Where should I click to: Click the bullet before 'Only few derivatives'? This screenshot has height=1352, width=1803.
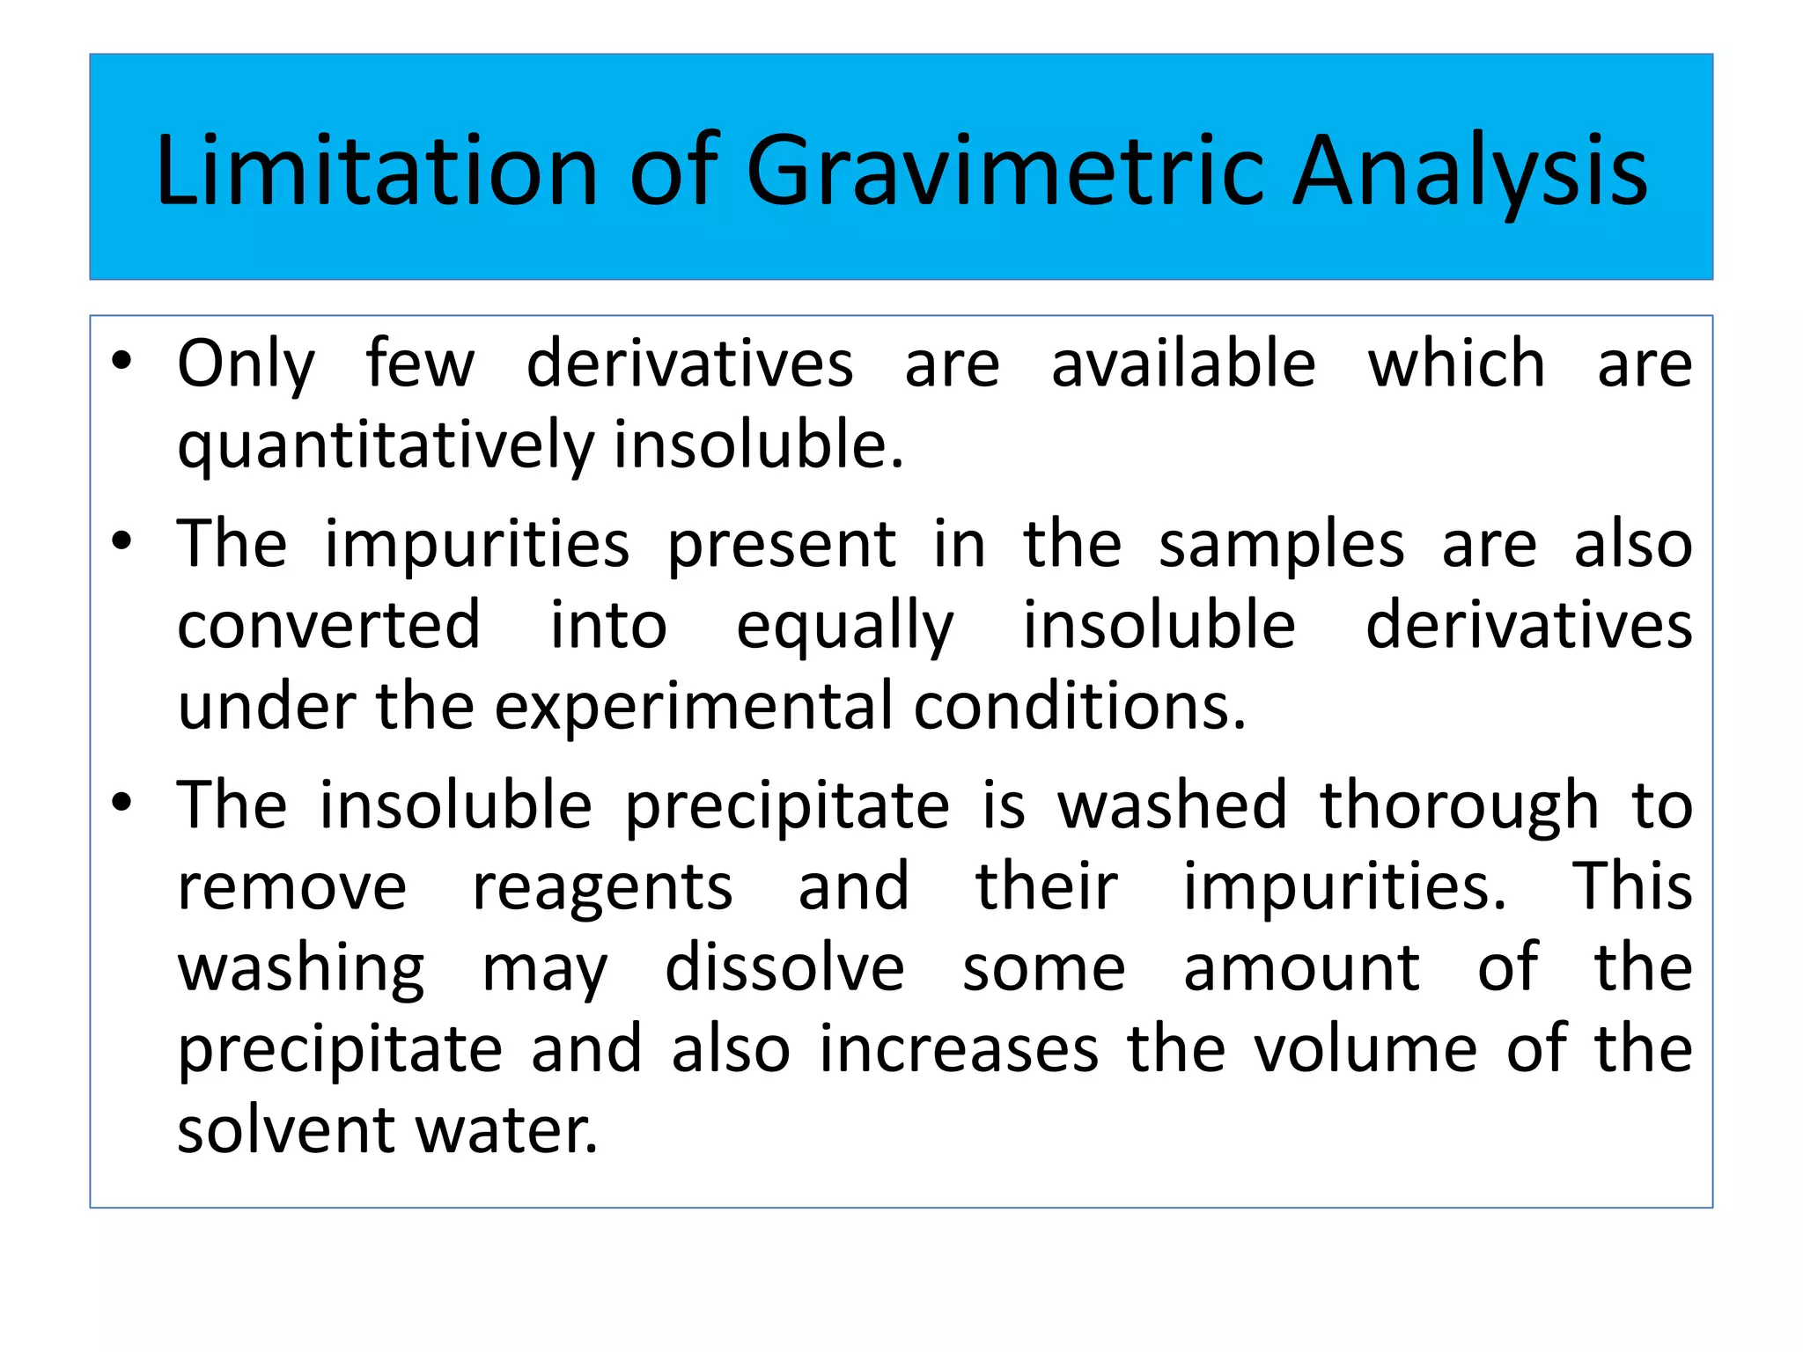[x=121, y=360]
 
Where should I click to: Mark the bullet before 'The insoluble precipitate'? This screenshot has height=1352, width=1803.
[x=121, y=802]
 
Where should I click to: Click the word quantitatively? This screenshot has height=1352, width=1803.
[x=386, y=446]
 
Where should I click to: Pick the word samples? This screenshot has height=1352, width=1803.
[x=1281, y=546]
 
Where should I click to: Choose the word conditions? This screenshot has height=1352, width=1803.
[x=1079, y=707]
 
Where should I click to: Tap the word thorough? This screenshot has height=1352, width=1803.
[x=1459, y=806]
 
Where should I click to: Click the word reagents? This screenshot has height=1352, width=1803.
[x=602, y=888]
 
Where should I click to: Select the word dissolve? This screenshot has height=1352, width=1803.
[x=784, y=968]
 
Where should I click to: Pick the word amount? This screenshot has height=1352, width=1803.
[x=1301, y=968]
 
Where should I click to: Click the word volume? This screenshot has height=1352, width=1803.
[x=1365, y=1049]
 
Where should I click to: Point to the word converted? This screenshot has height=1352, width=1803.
[x=328, y=625]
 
